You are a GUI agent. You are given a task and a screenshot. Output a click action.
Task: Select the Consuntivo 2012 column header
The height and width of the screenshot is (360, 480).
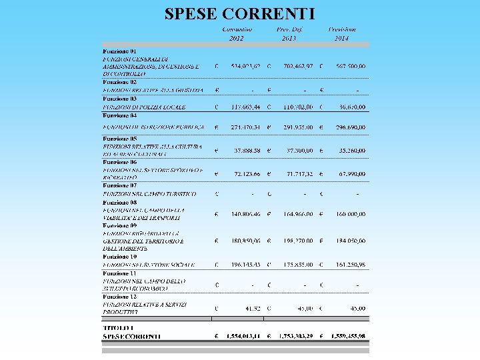[237, 34]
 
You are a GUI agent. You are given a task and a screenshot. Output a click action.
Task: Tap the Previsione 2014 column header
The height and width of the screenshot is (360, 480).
[342, 34]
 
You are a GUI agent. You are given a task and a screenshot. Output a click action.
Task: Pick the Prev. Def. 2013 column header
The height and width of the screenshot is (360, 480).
[289, 34]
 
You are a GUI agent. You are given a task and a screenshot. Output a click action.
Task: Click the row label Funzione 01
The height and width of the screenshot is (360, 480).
[119, 51]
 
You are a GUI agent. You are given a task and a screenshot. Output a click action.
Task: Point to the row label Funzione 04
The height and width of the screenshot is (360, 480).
[119, 115]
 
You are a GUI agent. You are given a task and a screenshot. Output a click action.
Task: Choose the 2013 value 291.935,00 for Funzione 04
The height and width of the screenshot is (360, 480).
[294, 126]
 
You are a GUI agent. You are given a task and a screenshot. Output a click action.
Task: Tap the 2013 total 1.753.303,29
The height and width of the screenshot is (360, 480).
[291, 337]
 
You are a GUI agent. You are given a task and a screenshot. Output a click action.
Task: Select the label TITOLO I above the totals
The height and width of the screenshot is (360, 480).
[119, 328]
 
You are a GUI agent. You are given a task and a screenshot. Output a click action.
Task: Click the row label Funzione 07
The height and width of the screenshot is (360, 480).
[119, 185]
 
